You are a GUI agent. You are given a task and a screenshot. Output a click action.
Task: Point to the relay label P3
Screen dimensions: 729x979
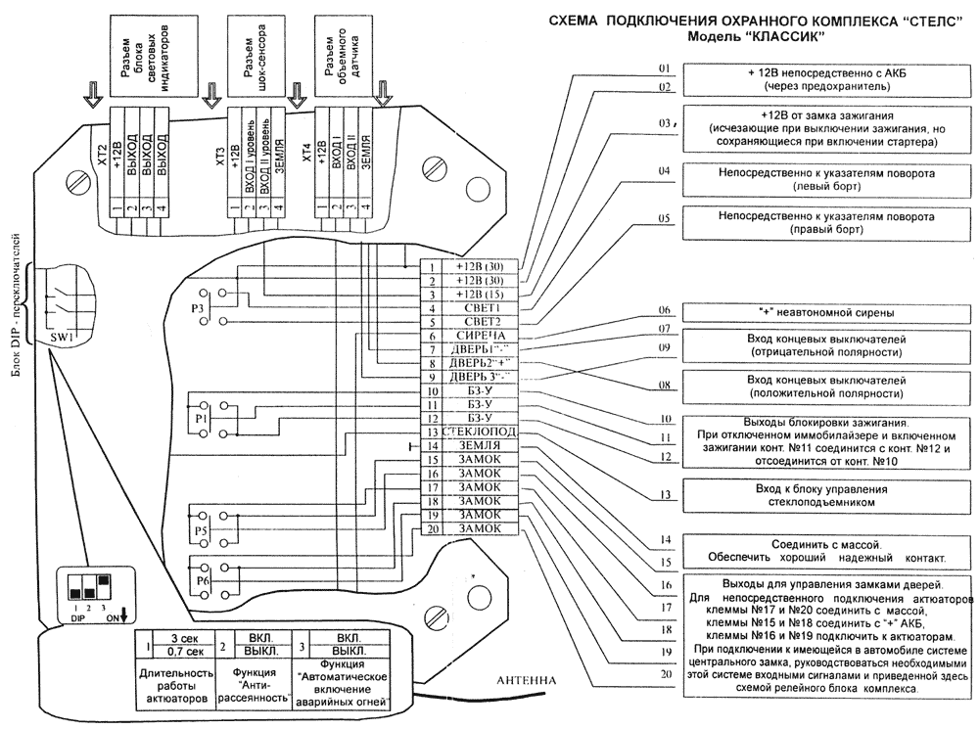click(x=197, y=307)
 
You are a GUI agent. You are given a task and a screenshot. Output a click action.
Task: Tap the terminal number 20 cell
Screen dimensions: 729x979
click(x=430, y=528)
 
